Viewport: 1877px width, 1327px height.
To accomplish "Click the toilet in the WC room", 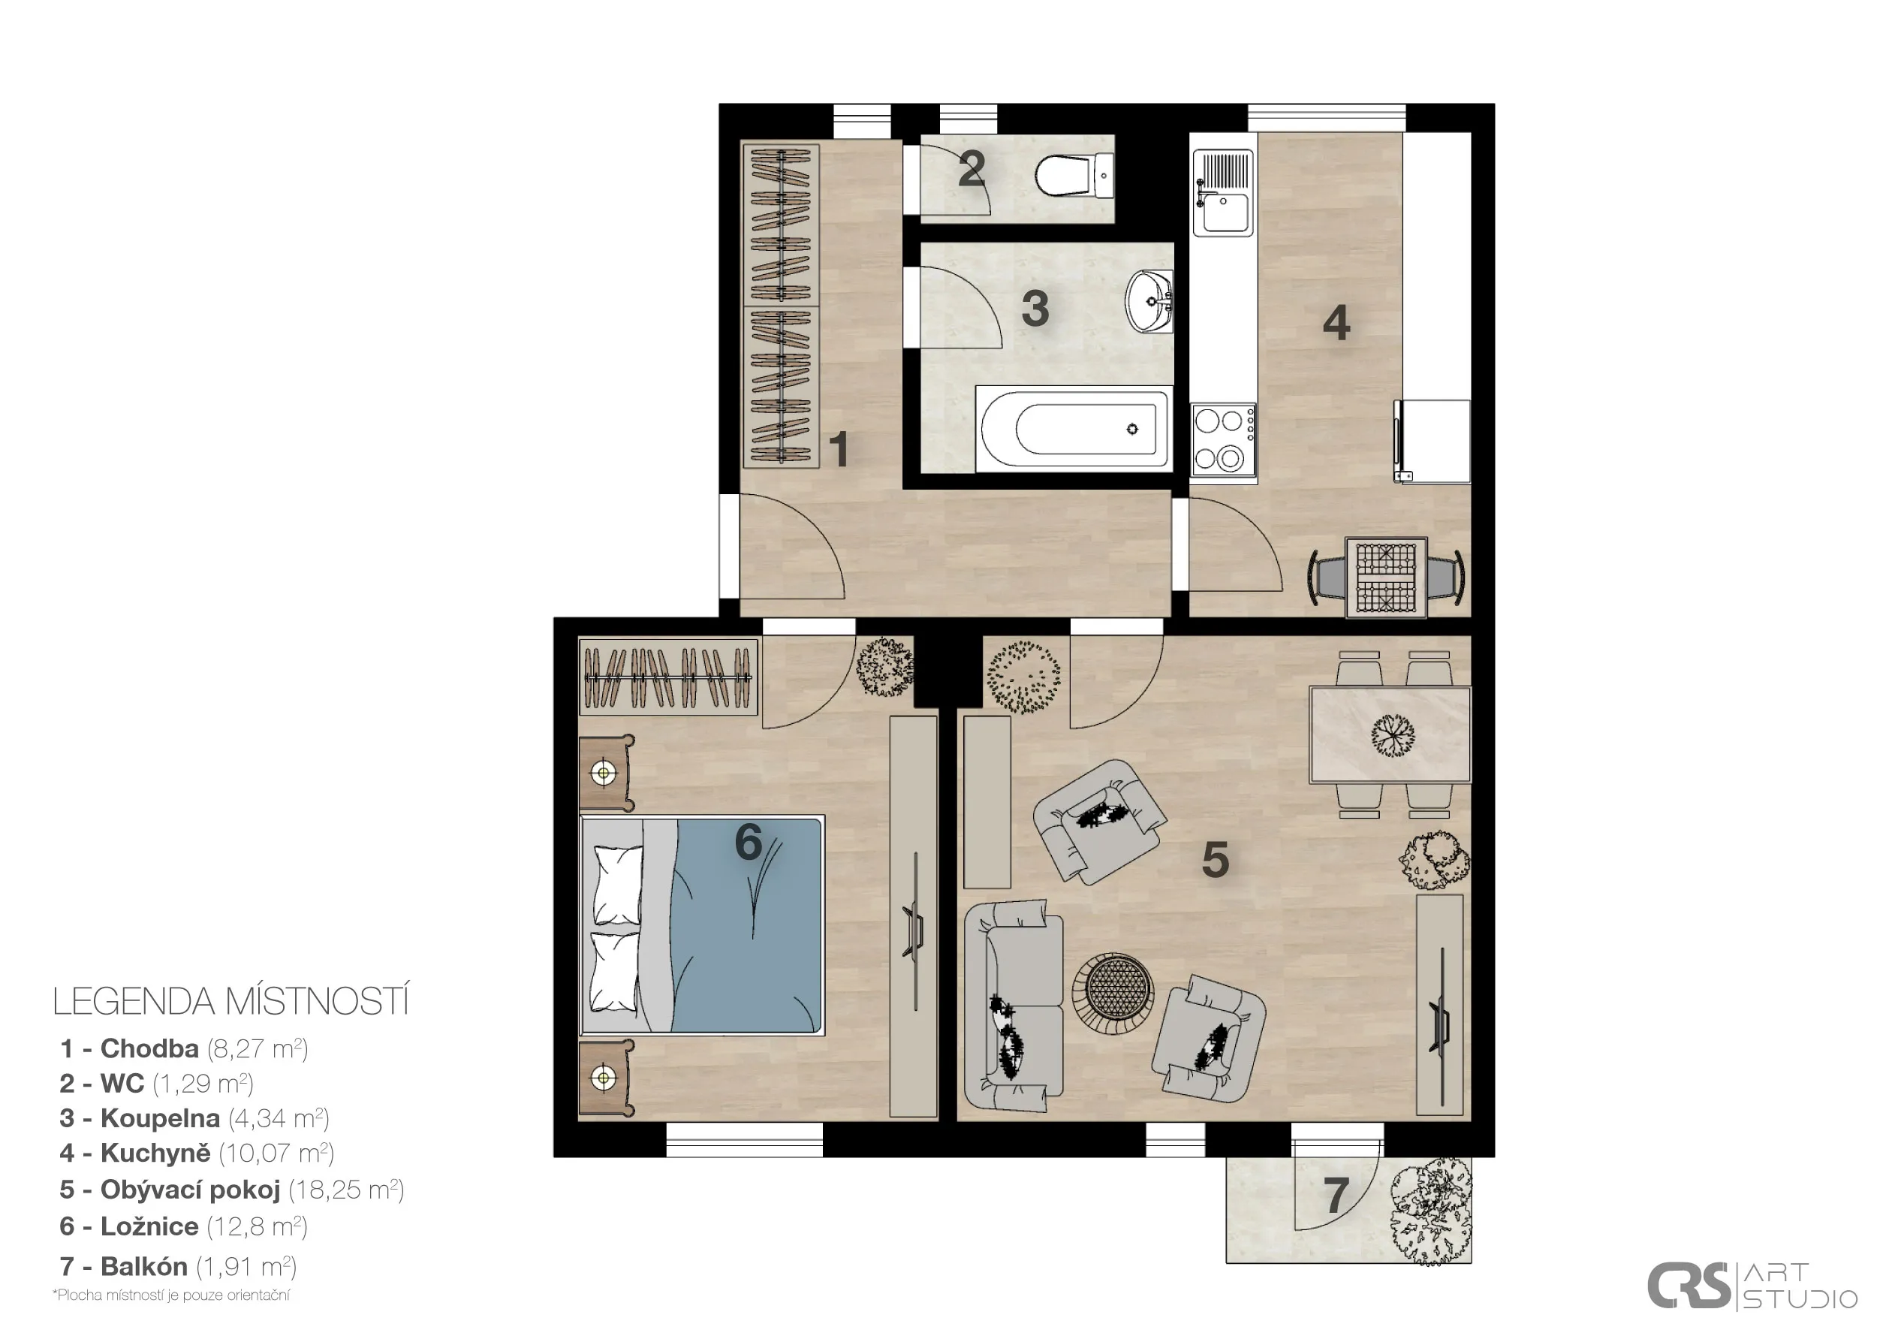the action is pyautogui.click(x=1074, y=175).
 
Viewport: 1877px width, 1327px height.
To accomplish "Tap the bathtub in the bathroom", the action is pyautogui.click(x=1074, y=428).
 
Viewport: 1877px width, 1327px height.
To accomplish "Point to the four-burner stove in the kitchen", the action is pyautogui.click(x=1223, y=442).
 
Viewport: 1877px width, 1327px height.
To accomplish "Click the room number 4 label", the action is pyautogui.click(x=1336, y=323).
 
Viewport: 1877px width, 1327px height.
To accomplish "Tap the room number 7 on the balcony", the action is pyautogui.click(x=1336, y=1196).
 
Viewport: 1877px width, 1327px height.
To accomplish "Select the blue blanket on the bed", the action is pyautogui.click(x=746, y=925).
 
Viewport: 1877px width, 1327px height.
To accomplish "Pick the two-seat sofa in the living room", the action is pyautogui.click(x=1013, y=1006).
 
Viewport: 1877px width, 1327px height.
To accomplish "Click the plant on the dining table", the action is pyautogui.click(x=1392, y=735).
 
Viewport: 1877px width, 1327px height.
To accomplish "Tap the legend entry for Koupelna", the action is pyautogui.click(x=194, y=1117).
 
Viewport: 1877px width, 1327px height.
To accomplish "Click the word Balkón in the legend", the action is pyautogui.click(x=144, y=1266).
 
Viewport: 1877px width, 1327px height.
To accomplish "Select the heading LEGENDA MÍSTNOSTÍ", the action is pyautogui.click(x=230, y=1002).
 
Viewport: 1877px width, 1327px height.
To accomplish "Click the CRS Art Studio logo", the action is pyautogui.click(x=1751, y=1286).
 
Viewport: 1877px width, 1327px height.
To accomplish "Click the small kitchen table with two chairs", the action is pyautogui.click(x=1387, y=578).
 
